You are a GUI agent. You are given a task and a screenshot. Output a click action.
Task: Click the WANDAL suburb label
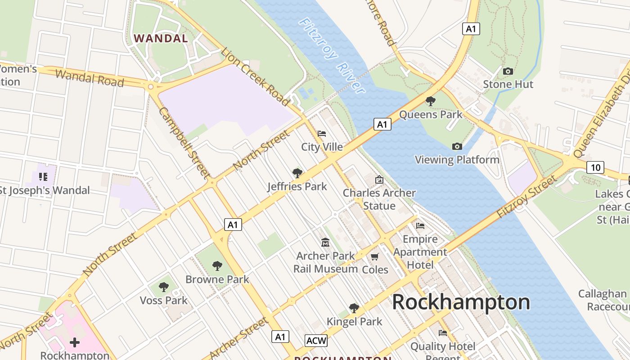point(161,38)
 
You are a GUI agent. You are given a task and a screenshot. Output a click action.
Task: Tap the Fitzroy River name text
point(332,55)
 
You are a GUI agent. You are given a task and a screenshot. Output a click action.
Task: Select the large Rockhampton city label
point(461,302)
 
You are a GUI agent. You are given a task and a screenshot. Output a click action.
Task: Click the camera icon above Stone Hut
point(508,72)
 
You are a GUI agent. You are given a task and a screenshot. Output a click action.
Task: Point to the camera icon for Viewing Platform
point(457,146)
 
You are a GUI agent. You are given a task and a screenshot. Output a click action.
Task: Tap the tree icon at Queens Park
point(431,101)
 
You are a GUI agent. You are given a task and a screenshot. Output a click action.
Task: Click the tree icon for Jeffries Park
point(297,173)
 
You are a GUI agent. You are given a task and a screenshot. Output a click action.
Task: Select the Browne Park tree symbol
point(217,266)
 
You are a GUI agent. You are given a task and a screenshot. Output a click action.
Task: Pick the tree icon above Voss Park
point(164,287)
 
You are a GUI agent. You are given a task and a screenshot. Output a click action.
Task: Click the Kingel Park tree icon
point(354,308)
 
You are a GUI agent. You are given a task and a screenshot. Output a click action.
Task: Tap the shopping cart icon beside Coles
point(374,257)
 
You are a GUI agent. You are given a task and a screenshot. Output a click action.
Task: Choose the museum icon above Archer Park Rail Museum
point(325,243)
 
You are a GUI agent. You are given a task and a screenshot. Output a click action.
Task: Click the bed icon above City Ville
point(322,134)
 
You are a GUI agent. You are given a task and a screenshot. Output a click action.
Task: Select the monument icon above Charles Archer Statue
point(379,180)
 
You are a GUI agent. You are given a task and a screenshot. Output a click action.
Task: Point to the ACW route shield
point(316,341)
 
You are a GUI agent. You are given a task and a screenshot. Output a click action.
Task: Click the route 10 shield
point(595,168)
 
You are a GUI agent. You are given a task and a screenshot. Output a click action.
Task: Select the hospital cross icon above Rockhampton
point(75,343)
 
